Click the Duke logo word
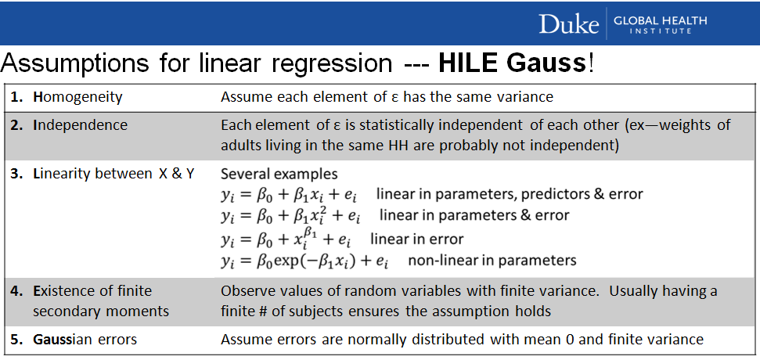(x=568, y=23)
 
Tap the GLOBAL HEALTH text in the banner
(x=660, y=20)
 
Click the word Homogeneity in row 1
(x=77, y=97)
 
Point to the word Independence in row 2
(x=80, y=125)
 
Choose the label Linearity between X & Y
(x=113, y=174)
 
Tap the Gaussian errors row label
(x=85, y=339)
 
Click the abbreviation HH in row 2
(x=380, y=146)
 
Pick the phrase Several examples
(x=279, y=174)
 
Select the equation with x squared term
(x=291, y=215)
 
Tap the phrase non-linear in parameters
(x=492, y=261)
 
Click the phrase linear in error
(x=417, y=239)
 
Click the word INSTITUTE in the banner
(x=661, y=31)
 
